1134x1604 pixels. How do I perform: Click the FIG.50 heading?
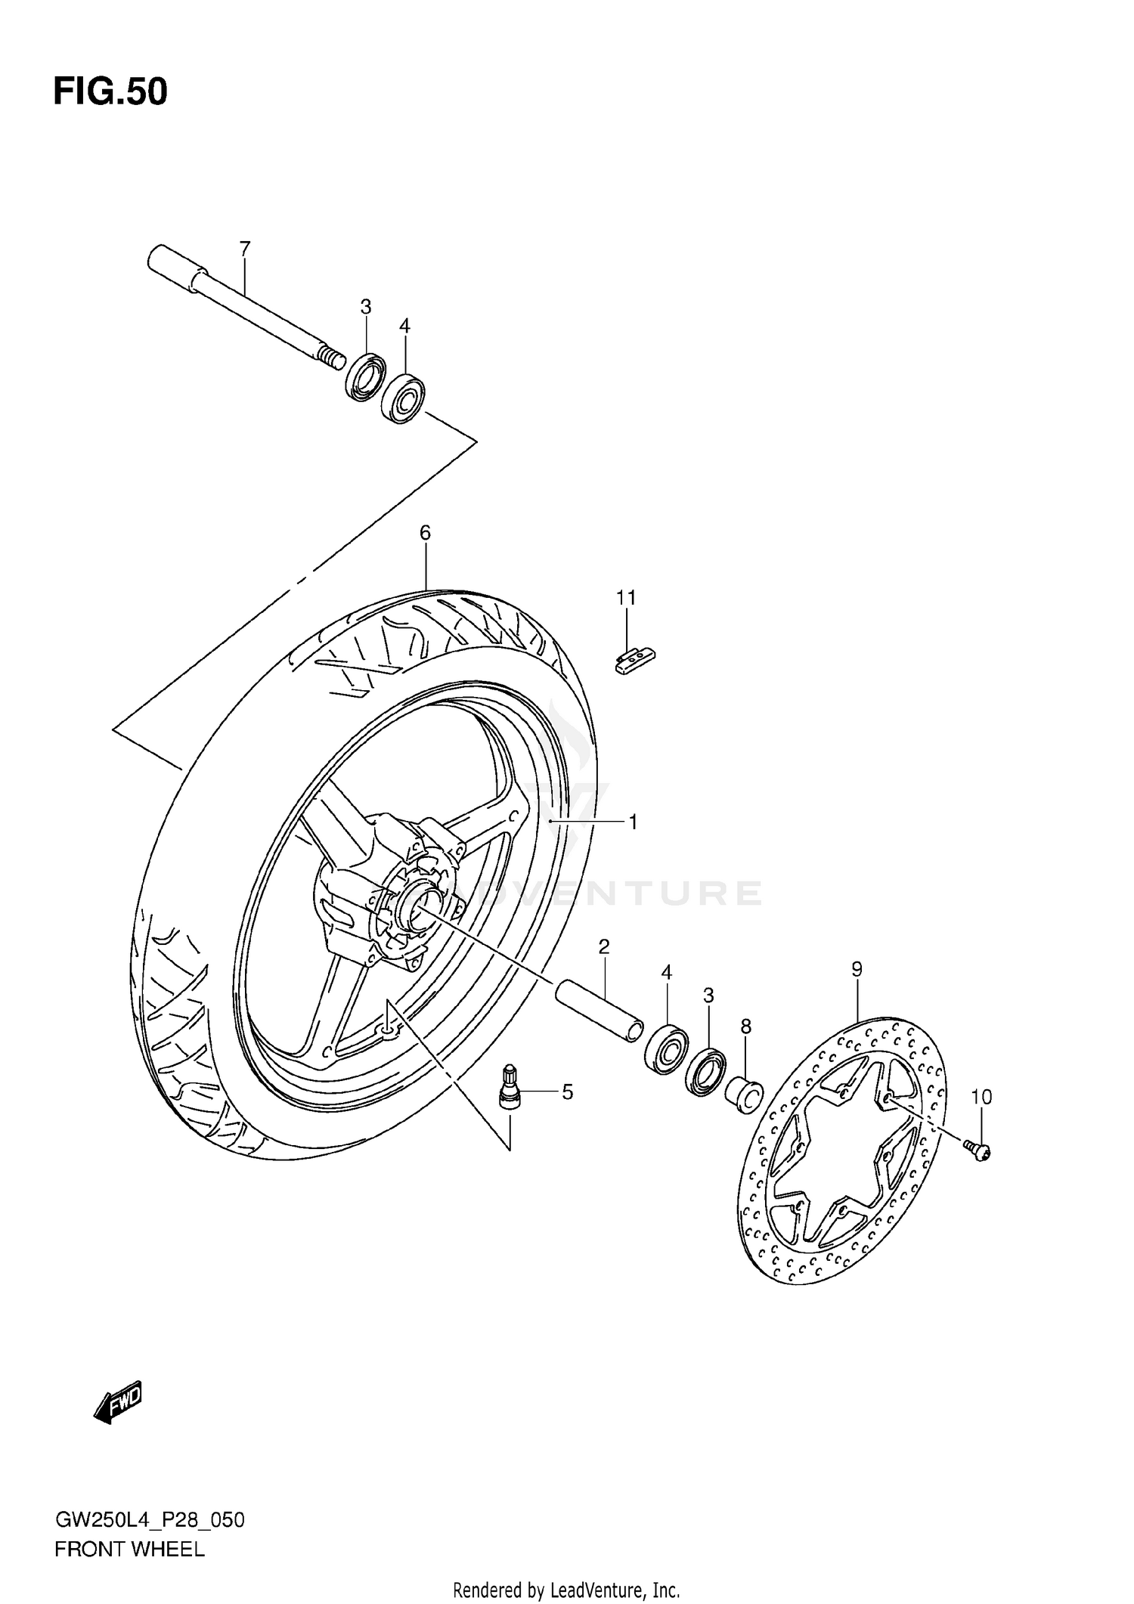click(x=110, y=92)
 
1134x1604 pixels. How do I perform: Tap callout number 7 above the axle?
click(x=244, y=248)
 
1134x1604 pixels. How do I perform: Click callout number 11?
click(x=625, y=598)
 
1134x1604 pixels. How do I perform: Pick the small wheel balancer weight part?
click(x=634, y=661)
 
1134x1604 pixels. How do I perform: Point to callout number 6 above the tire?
click(x=425, y=533)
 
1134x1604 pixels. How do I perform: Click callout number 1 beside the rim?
click(x=633, y=821)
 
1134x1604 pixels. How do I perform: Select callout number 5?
click(x=567, y=1092)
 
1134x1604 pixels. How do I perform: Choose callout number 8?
click(x=745, y=1026)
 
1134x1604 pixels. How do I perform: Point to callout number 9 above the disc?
click(x=857, y=969)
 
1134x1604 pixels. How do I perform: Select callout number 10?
click(x=981, y=1096)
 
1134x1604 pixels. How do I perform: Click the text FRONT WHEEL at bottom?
click(x=129, y=1550)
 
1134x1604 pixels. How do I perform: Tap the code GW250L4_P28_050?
click(x=149, y=1520)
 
